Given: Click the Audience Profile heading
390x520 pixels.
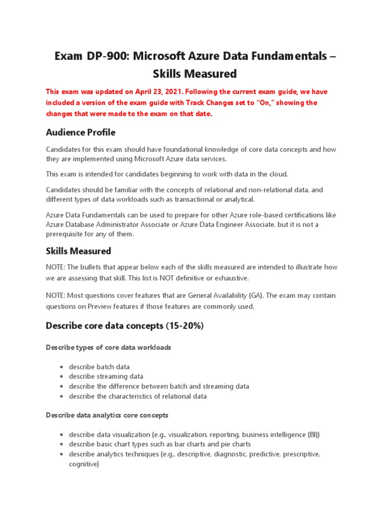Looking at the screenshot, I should point(81,133).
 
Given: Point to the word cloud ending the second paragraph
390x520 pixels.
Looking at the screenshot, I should point(277,174).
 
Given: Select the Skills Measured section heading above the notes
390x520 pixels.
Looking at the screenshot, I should point(78,251).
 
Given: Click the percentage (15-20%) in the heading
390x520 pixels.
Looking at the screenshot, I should point(184,326).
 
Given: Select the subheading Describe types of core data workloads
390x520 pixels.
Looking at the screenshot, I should point(109,348).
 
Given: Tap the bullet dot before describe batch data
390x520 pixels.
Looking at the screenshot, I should point(61,367).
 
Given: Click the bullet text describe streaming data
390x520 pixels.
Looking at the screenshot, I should point(106,377).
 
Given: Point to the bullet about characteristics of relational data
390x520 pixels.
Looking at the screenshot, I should point(138,396).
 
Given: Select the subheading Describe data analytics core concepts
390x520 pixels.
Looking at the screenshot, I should point(107,415).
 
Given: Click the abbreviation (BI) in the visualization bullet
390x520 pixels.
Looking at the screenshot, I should point(313,435).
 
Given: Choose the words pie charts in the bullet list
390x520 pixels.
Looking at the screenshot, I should point(235,444).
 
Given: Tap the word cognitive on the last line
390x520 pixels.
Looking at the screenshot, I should point(83,464).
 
